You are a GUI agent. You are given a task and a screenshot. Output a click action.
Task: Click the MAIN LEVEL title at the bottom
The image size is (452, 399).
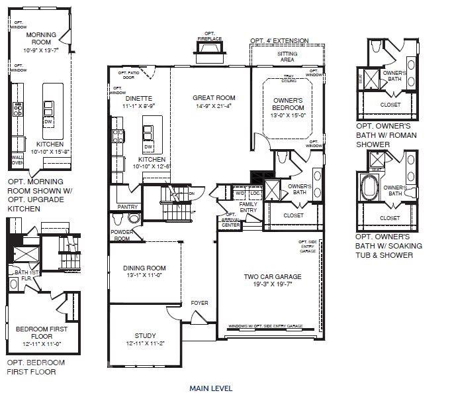coord(211,388)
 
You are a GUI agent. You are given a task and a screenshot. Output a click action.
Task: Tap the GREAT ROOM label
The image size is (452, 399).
coord(214,98)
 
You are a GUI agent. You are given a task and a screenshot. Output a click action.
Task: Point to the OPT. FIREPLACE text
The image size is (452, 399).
coord(210,36)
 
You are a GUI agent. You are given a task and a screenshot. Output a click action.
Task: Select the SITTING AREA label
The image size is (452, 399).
coord(287,56)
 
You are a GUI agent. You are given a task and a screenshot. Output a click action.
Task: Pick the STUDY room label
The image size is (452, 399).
coord(144,335)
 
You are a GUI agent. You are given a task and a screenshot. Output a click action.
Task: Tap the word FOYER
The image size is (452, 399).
coord(199,303)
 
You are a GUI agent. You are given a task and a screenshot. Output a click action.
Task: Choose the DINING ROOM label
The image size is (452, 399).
coord(144,268)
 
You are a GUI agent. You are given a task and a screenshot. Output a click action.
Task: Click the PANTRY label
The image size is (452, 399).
coord(127,207)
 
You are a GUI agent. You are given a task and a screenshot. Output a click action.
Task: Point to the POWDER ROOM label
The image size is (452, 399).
coord(122,235)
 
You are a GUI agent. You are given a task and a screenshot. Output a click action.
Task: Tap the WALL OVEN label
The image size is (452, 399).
coord(17,160)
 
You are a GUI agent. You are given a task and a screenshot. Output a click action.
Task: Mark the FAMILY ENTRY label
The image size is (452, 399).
coord(248,207)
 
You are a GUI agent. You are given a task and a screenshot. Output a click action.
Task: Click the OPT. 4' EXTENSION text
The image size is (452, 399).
coord(280,40)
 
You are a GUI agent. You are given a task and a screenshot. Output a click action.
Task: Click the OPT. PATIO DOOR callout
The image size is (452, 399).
coord(128,74)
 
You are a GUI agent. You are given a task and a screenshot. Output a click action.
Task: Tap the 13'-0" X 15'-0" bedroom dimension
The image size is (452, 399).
coord(287,116)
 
